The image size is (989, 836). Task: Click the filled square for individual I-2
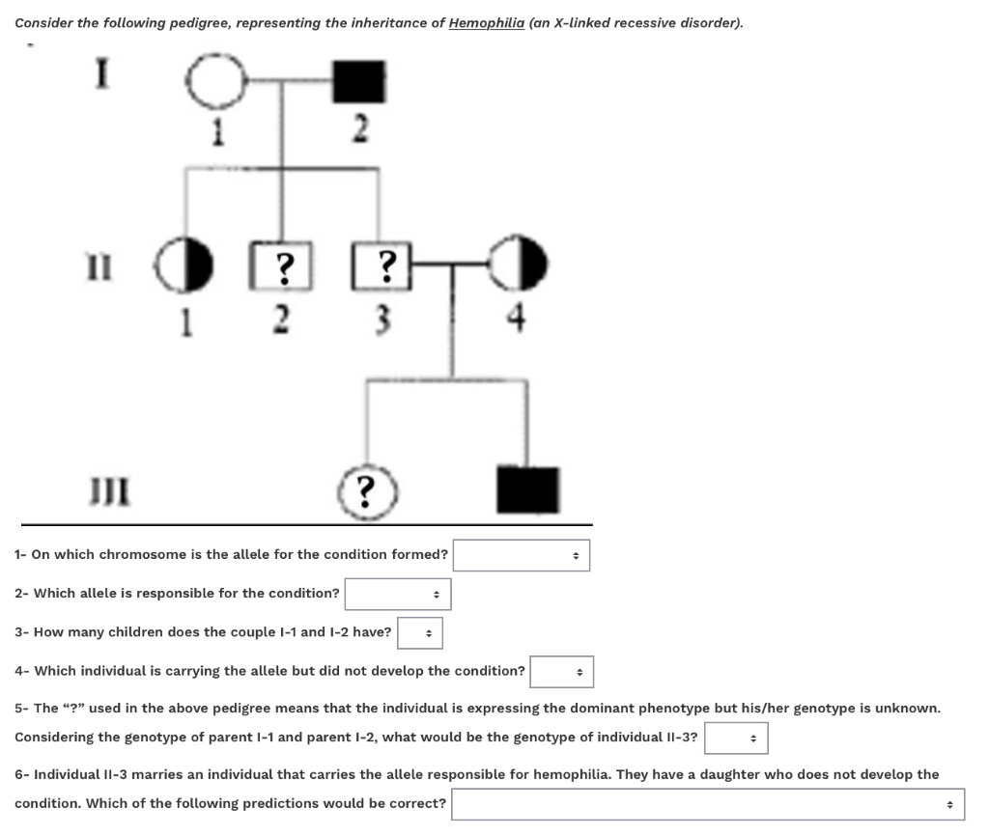pos(359,82)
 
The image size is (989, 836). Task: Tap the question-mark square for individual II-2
pos(282,267)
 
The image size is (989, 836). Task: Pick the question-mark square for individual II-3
pos(385,267)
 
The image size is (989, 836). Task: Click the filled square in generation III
pos(527,488)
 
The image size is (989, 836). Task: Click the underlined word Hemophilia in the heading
pos(487,22)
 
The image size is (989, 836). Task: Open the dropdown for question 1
pos(522,555)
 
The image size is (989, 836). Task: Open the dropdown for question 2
pos(398,594)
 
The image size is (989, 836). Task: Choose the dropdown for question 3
pos(420,633)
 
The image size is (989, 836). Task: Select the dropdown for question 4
pos(562,672)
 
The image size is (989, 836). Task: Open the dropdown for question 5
pos(736,738)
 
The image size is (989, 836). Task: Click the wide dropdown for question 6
pos(709,804)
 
